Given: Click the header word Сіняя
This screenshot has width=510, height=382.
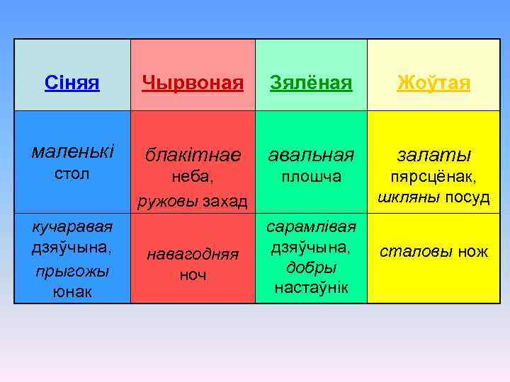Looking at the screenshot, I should point(72,83).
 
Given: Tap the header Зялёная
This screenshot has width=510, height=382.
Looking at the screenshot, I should point(311,83).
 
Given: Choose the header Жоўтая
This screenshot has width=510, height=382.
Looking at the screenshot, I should point(433,83).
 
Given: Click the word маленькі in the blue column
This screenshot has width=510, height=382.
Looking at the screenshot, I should point(72,151).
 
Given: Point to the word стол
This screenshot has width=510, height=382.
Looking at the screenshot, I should point(72,174).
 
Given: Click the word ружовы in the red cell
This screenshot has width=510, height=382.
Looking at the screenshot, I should point(168,202).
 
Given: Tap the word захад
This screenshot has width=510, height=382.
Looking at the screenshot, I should point(225,202).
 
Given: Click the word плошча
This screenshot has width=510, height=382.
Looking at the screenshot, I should point(311,175).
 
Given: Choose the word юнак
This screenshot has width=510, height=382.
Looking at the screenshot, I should point(72,291).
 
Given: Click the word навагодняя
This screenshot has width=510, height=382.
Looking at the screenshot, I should point(193,253).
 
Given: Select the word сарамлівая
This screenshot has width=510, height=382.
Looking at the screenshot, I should point(311,226).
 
